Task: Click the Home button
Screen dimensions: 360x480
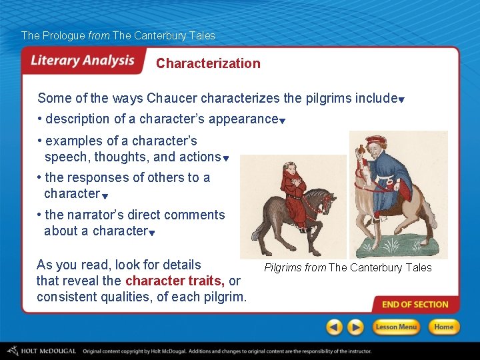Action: tap(443, 327)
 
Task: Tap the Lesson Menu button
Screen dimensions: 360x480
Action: tap(395, 327)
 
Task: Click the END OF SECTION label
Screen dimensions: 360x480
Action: tap(415, 305)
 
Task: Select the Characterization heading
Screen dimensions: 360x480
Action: tap(208, 63)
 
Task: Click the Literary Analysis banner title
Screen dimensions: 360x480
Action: tap(83, 61)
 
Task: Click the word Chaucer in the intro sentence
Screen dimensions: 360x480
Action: tap(171, 99)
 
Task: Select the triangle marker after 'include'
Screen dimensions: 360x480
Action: tap(402, 100)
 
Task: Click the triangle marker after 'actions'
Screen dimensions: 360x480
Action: tap(226, 159)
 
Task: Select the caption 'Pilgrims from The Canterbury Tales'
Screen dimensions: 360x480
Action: tap(347, 268)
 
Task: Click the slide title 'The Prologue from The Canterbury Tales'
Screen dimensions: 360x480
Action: tap(118, 35)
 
